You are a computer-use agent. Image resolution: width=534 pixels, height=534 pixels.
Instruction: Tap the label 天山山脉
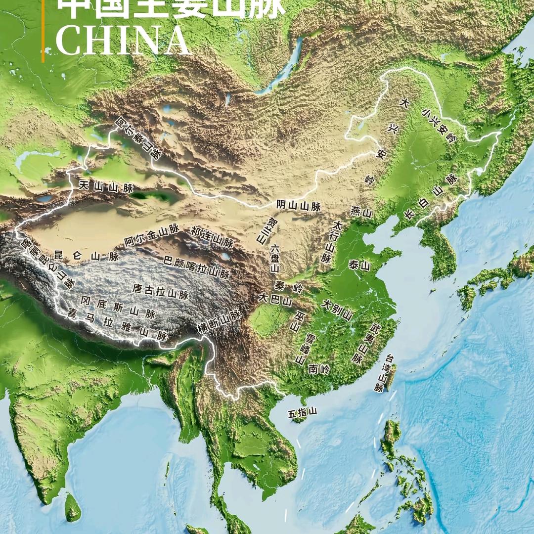pos(106,187)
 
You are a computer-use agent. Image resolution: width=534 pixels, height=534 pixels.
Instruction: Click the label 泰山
pos(359,266)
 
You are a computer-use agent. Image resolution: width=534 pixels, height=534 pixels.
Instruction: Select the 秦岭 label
pos(288,286)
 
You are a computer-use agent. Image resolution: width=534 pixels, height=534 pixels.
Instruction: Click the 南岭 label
pos(319,369)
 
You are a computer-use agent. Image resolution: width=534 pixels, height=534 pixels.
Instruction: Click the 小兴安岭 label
pos(439,126)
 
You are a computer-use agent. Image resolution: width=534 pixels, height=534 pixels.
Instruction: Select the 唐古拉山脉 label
pos(161,291)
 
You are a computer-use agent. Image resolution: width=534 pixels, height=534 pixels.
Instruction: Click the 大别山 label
pos(337,310)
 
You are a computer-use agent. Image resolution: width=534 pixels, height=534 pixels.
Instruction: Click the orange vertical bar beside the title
pos(43,30)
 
